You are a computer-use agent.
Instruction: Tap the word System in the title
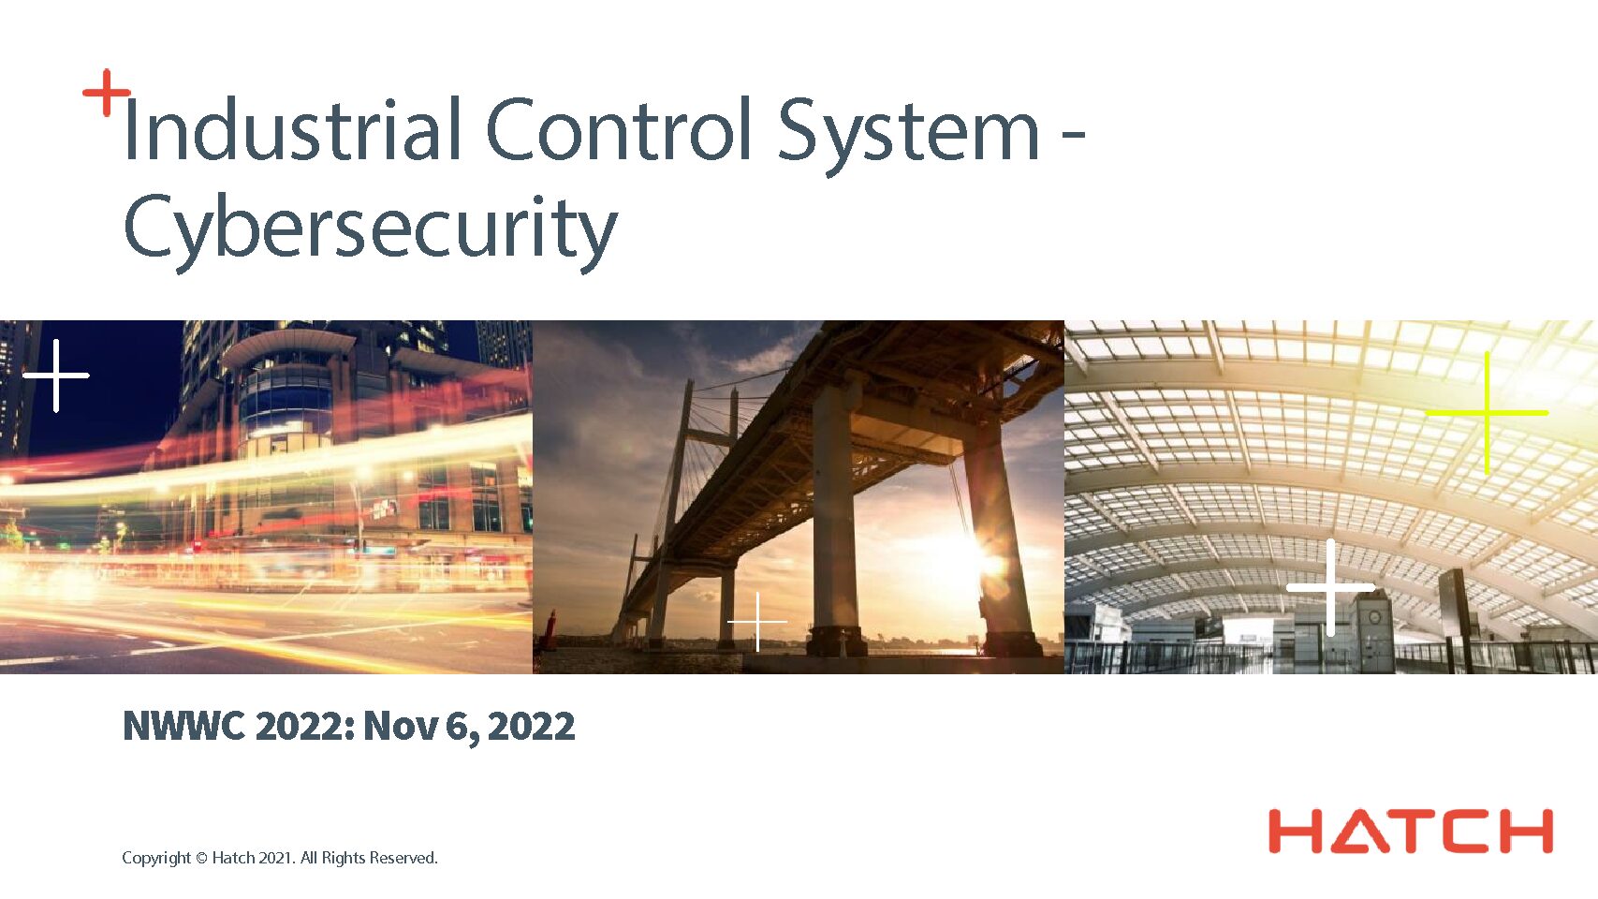[x=908, y=136]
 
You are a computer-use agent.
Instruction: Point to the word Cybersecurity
[x=371, y=231]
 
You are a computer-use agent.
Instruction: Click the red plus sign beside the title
[x=107, y=93]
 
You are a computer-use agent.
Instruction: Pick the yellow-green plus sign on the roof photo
[x=1487, y=412]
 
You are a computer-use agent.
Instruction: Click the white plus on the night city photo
[x=55, y=376]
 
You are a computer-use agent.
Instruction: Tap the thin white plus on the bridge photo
[x=757, y=622]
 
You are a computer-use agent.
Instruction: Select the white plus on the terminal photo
[x=1331, y=587]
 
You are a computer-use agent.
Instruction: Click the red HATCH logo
[x=1411, y=832]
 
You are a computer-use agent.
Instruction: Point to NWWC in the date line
[x=184, y=727]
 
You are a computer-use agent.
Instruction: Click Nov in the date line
[x=401, y=727]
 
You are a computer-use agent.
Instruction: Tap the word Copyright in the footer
[x=156, y=858]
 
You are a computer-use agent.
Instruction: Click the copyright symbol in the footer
[x=202, y=859]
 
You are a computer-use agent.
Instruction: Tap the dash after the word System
[x=1074, y=133]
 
